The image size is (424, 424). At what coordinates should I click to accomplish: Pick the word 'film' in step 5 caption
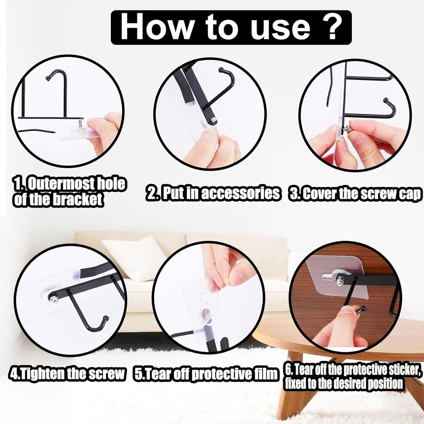[264, 374]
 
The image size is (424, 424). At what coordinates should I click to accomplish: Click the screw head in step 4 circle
[53, 297]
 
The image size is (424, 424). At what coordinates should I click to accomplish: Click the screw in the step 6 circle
[340, 282]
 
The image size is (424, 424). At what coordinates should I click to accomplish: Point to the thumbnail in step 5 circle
[238, 278]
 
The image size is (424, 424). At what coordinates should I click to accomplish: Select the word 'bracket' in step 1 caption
[78, 200]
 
